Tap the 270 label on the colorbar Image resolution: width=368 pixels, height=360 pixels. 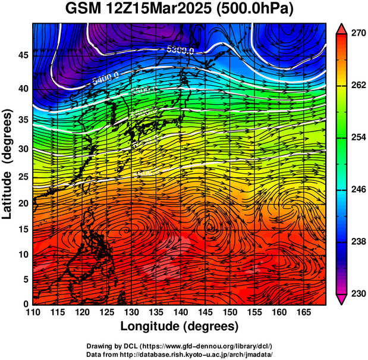point(358,34)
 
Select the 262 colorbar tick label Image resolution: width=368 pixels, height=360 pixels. point(358,86)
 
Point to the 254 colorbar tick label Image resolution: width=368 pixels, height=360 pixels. point(358,137)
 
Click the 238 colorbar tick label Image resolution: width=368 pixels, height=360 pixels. point(358,242)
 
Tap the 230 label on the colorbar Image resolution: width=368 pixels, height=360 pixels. point(358,293)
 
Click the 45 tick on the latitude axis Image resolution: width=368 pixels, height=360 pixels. point(22,55)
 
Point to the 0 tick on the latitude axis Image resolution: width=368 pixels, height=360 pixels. point(25,303)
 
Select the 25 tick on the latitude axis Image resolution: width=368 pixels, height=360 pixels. point(22,176)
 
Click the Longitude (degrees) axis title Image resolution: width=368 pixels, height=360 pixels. point(180,326)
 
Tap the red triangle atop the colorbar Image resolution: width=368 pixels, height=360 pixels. point(342,28)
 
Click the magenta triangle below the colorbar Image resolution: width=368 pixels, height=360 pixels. point(342,299)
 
